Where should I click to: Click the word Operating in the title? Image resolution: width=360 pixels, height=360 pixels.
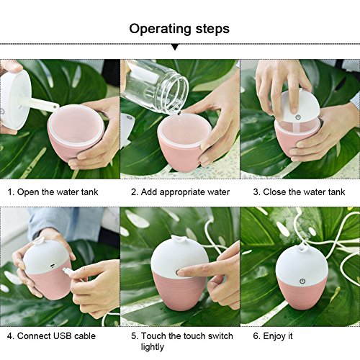pyautogui.click(x=161, y=30)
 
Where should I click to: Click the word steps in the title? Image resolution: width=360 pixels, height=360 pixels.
pyautogui.click(x=212, y=30)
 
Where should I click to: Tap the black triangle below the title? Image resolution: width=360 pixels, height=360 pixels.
pyautogui.click(x=175, y=47)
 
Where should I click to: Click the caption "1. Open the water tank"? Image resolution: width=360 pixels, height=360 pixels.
pyautogui.click(x=53, y=192)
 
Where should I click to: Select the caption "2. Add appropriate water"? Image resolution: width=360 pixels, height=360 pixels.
pyautogui.click(x=180, y=192)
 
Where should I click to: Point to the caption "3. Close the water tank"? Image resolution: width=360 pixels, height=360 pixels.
pyautogui.click(x=299, y=192)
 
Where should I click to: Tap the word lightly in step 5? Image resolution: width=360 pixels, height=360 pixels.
pyautogui.click(x=153, y=347)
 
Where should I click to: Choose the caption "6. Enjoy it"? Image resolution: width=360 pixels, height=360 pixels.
pyautogui.click(x=273, y=336)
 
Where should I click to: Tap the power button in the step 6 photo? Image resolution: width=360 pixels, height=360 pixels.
pyautogui.click(x=302, y=281)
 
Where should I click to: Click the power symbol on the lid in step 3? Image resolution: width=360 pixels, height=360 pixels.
pyautogui.click(x=298, y=117)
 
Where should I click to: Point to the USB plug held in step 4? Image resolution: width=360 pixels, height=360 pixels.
pyautogui.click(x=67, y=271)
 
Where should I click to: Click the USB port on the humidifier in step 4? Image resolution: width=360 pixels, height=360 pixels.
pyautogui.click(x=52, y=266)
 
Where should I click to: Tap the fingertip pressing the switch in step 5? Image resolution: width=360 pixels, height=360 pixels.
pyautogui.click(x=181, y=272)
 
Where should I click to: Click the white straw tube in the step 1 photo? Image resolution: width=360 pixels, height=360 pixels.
pyautogui.click(x=42, y=104)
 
